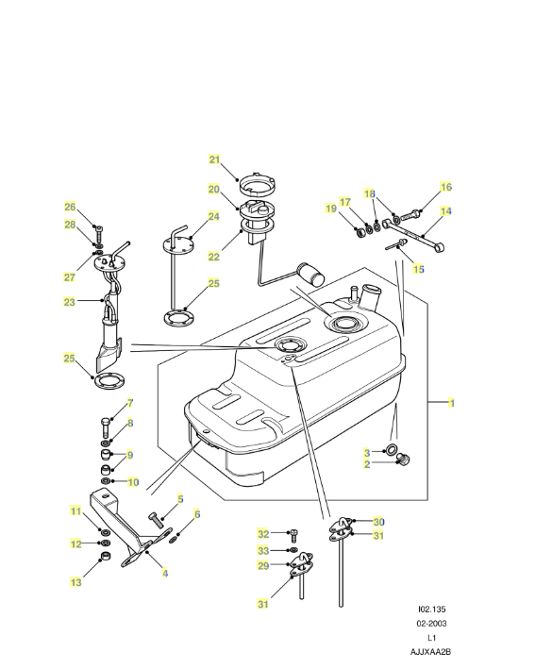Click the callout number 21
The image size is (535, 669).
tap(214, 159)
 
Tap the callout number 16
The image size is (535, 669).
tap(445, 187)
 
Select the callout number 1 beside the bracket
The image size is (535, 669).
tap(451, 403)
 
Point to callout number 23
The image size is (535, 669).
tap(69, 302)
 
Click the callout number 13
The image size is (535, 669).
tap(75, 582)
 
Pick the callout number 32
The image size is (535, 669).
tap(263, 534)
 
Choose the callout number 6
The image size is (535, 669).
tap(197, 514)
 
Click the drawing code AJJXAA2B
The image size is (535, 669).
tap(430, 652)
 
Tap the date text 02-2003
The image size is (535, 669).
tap(431, 624)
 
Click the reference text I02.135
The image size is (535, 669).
tap(432, 610)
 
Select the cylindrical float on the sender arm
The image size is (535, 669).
tap(311, 274)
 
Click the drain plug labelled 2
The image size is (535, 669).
tap(403, 460)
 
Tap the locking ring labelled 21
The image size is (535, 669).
tap(257, 183)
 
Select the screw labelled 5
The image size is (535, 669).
tap(157, 521)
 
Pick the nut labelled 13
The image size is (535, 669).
tap(105, 557)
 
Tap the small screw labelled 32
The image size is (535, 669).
tap(293, 536)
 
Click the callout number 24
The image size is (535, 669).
tap(214, 216)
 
